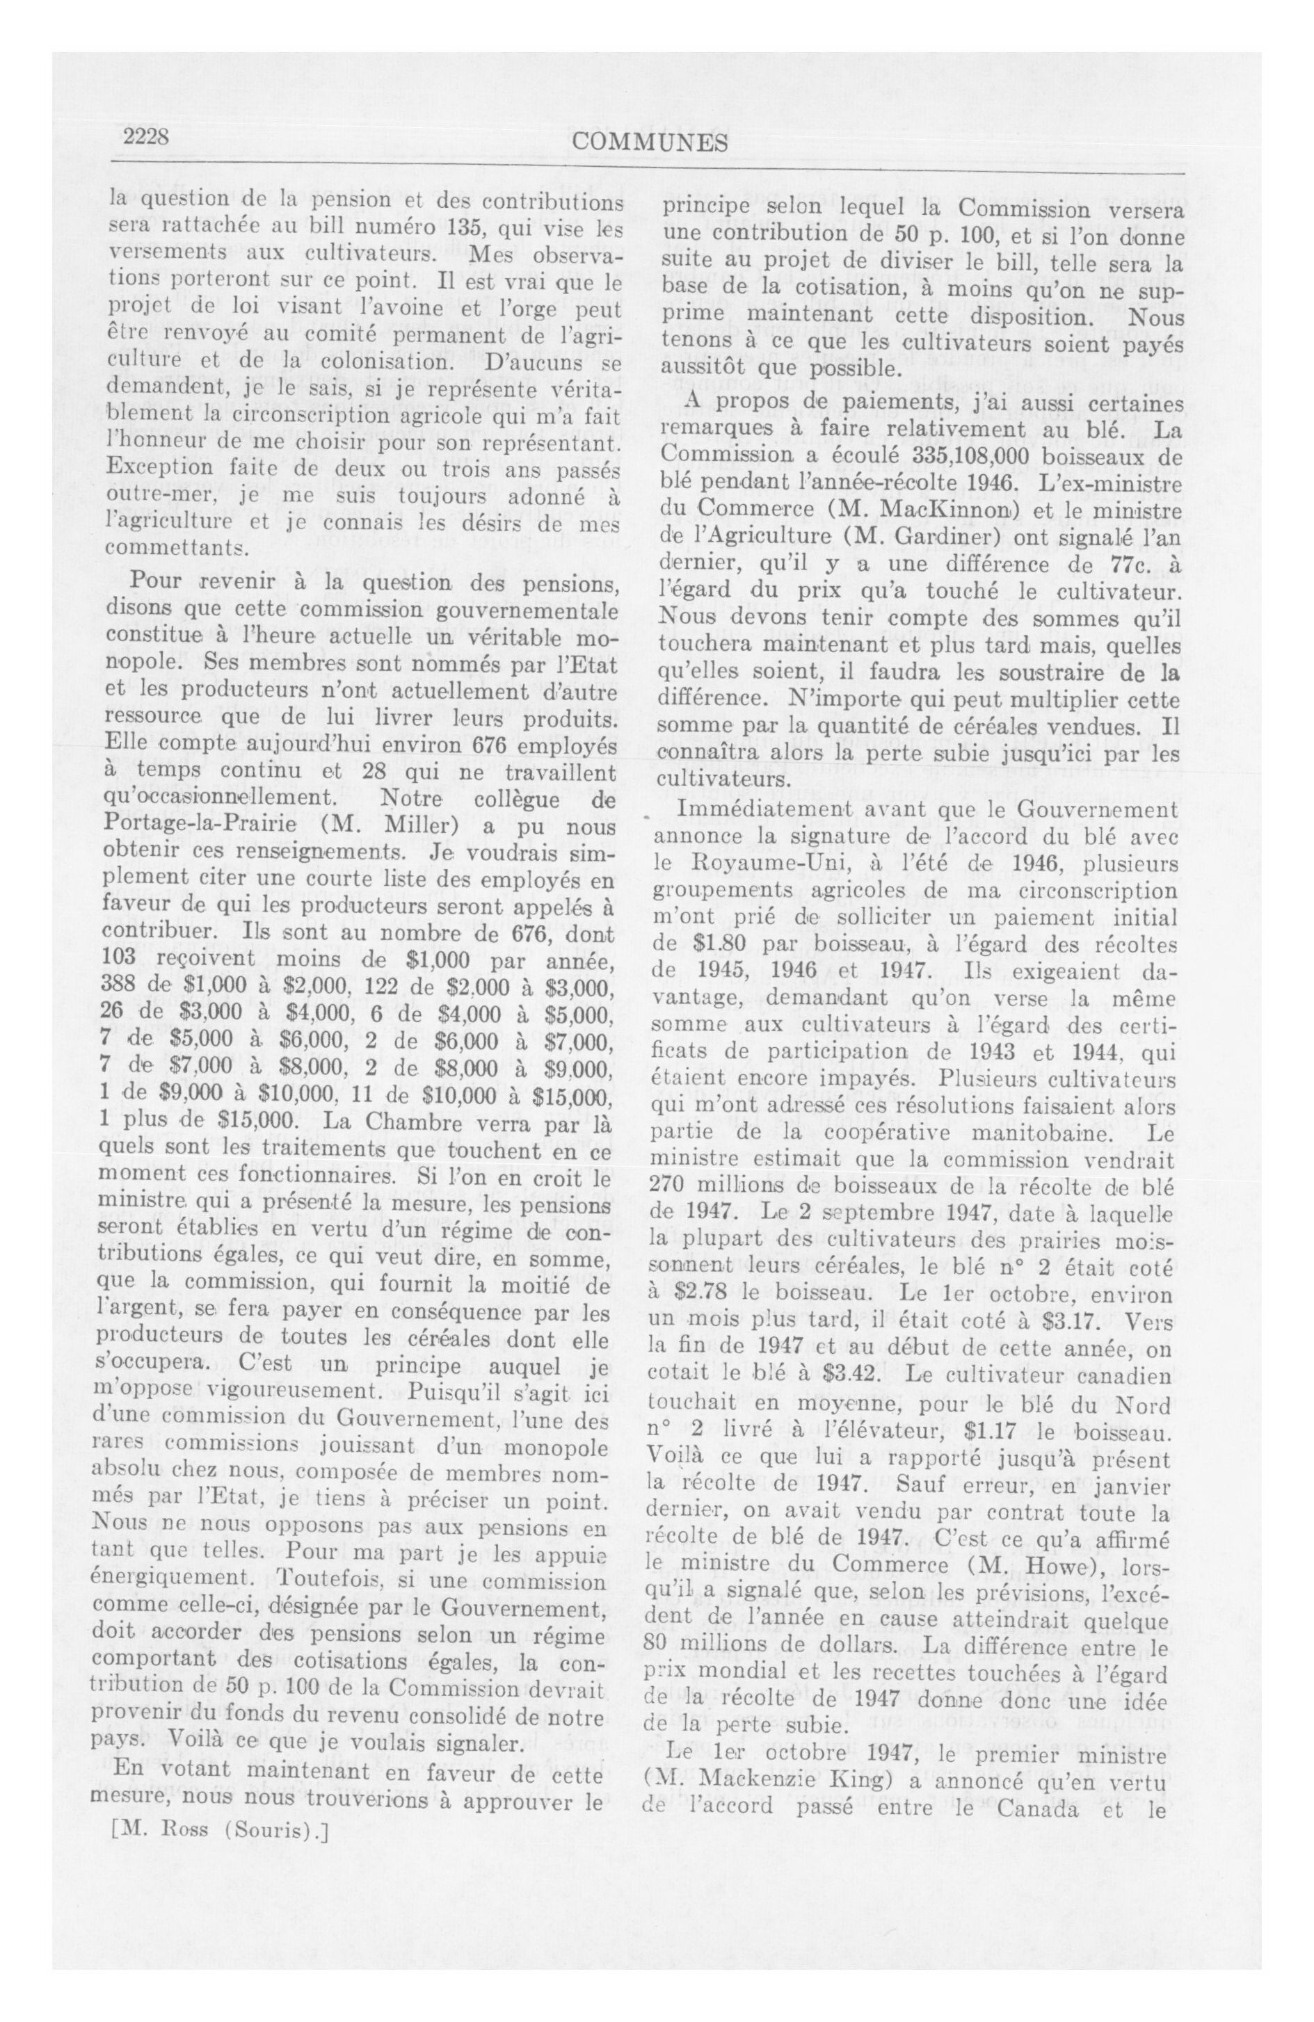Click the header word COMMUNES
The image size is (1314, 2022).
[x=650, y=143]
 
